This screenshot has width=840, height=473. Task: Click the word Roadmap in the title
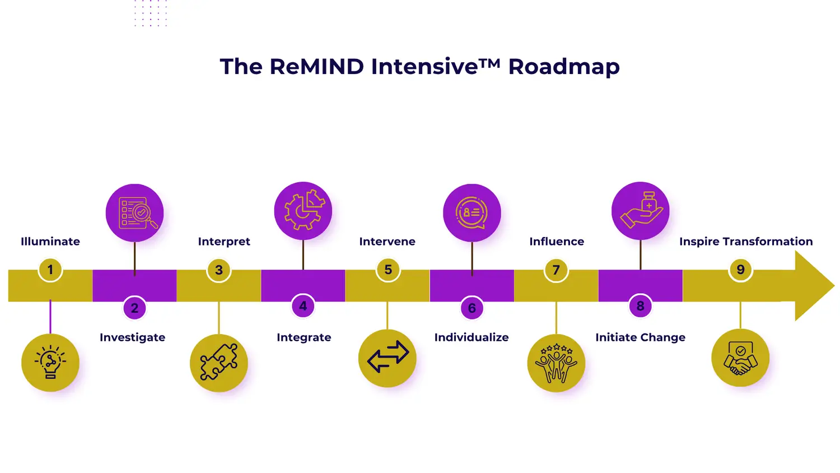[x=563, y=67]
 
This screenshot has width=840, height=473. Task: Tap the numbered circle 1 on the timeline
[x=50, y=270]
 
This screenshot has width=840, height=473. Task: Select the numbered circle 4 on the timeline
[x=303, y=306]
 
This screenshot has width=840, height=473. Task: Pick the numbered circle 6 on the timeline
[x=472, y=308]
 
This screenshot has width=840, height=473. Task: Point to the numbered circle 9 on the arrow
[x=740, y=270]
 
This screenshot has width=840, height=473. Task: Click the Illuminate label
[x=50, y=242]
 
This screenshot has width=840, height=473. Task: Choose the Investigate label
[x=132, y=337]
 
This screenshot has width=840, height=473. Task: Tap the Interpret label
[x=224, y=242]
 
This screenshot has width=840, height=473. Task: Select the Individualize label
[x=472, y=337]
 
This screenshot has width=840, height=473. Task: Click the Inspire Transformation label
[x=746, y=242]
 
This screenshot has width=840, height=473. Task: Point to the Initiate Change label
[x=640, y=337]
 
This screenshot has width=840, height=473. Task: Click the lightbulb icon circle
[x=50, y=363]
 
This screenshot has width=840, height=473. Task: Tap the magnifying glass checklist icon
[x=134, y=213]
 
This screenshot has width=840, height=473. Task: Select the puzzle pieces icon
[x=219, y=363]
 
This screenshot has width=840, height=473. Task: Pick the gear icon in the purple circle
[x=303, y=211]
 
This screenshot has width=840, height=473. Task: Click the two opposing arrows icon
[x=388, y=358]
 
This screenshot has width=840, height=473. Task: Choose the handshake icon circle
[x=740, y=358]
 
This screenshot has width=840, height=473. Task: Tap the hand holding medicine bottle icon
[x=641, y=211]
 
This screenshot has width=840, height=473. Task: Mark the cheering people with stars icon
[x=556, y=363]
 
